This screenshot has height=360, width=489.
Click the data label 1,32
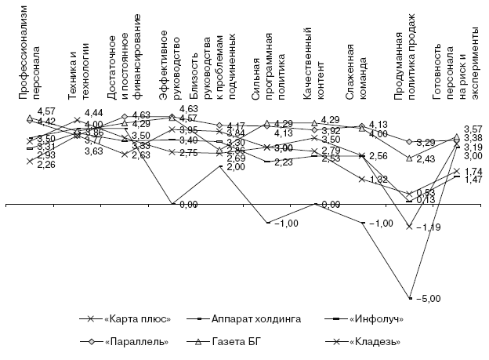(x=380, y=180)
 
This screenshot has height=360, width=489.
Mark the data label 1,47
(x=473, y=180)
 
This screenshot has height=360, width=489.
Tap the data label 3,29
(x=426, y=142)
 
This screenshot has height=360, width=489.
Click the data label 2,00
(x=235, y=167)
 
